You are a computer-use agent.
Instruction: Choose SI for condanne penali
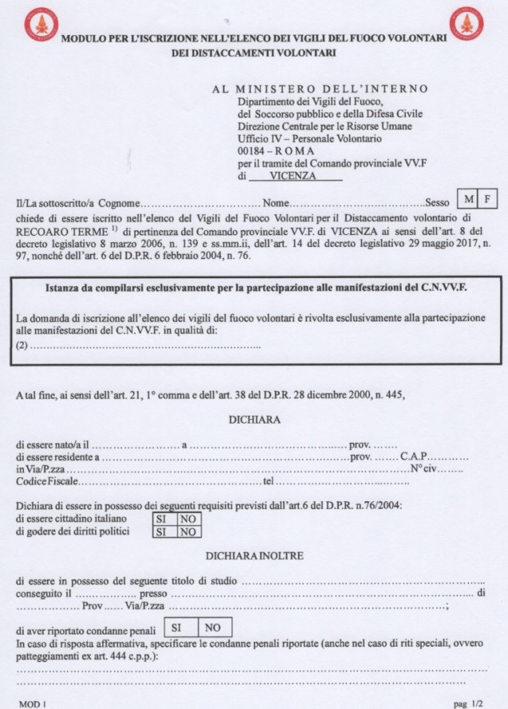pos(178,627)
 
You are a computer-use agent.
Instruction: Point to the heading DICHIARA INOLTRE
pos(253,555)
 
